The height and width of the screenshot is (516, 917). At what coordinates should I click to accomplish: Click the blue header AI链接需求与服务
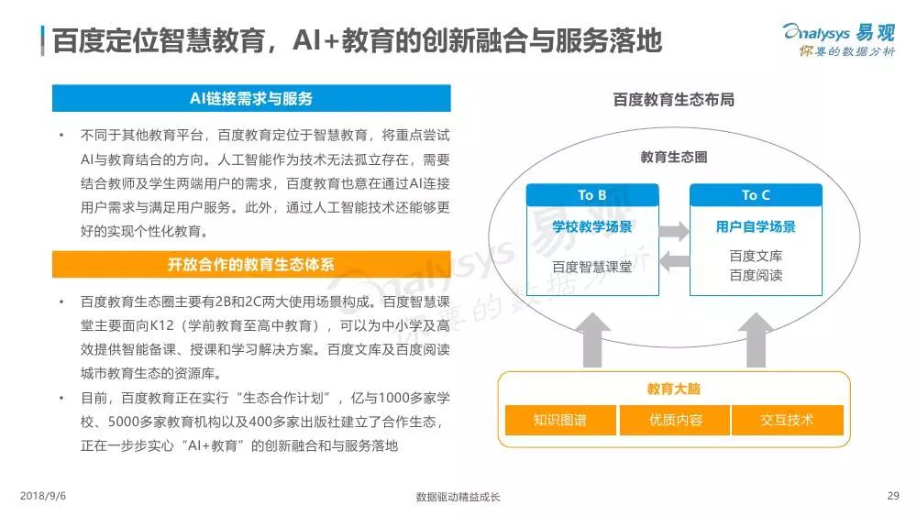[251, 98]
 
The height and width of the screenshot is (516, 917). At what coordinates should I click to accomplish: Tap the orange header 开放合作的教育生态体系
[251, 264]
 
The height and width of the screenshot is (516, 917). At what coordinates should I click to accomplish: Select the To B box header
[592, 195]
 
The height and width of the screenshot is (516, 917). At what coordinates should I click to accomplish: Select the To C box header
[756, 195]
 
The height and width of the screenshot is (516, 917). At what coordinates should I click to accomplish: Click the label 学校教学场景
[592, 226]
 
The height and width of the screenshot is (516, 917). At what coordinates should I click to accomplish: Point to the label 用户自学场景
[756, 226]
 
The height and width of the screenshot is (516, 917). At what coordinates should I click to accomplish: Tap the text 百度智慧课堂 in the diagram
[592, 267]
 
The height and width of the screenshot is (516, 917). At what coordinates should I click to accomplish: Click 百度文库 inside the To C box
[756, 257]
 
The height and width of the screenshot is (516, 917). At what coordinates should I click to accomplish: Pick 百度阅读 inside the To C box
[756, 275]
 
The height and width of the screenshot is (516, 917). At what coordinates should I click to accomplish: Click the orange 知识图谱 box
[559, 420]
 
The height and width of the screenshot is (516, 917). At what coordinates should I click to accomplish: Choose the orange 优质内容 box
[674, 420]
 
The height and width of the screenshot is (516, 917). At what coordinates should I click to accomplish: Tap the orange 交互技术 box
[787, 420]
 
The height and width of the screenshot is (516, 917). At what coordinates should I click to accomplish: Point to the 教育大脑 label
[674, 389]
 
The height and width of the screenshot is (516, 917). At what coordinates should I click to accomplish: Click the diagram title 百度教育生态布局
[674, 99]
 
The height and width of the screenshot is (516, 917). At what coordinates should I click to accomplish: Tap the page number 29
[893, 496]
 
